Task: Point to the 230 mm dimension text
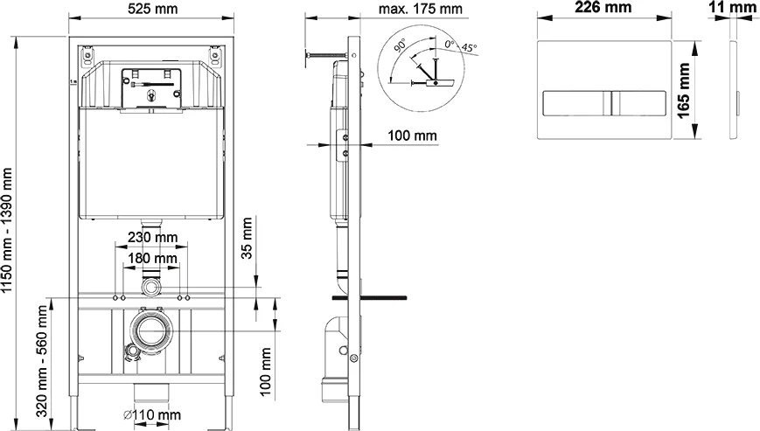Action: (x=150, y=237)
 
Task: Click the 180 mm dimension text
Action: (x=150, y=259)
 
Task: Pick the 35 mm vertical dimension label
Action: (x=248, y=238)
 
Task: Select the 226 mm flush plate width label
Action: (x=603, y=8)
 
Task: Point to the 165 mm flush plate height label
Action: (x=685, y=87)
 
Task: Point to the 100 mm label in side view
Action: (x=413, y=136)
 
